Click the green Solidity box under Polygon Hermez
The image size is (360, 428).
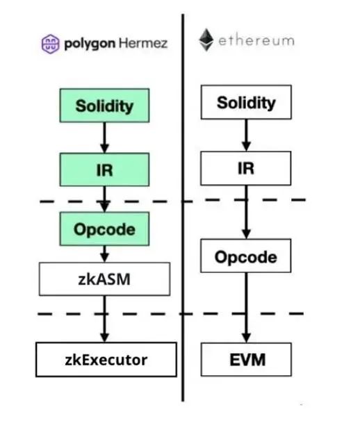click(x=104, y=106)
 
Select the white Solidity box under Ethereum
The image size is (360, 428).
click(x=246, y=102)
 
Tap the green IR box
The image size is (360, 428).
click(x=104, y=170)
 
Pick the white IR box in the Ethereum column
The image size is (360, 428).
click(x=246, y=168)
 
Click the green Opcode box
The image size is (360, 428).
click(x=104, y=229)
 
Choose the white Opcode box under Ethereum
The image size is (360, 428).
click(x=246, y=256)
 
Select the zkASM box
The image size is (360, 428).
click(x=104, y=279)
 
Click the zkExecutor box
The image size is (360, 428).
click(x=106, y=359)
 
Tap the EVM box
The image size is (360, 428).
click(x=246, y=359)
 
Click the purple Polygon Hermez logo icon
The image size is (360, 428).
click(x=51, y=44)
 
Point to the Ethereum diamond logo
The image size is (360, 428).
click(x=206, y=40)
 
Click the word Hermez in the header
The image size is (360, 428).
click(x=143, y=43)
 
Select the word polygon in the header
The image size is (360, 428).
click(x=90, y=44)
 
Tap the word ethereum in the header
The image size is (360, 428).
click(x=256, y=41)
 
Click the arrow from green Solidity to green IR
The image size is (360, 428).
click(x=104, y=138)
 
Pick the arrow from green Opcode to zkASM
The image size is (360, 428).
click(x=104, y=254)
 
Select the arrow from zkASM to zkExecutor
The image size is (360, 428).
click(x=104, y=319)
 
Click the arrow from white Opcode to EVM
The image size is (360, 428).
click(x=246, y=308)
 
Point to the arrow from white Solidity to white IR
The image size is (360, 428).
click(x=246, y=135)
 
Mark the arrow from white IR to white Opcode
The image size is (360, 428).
click(x=246, y=212)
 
